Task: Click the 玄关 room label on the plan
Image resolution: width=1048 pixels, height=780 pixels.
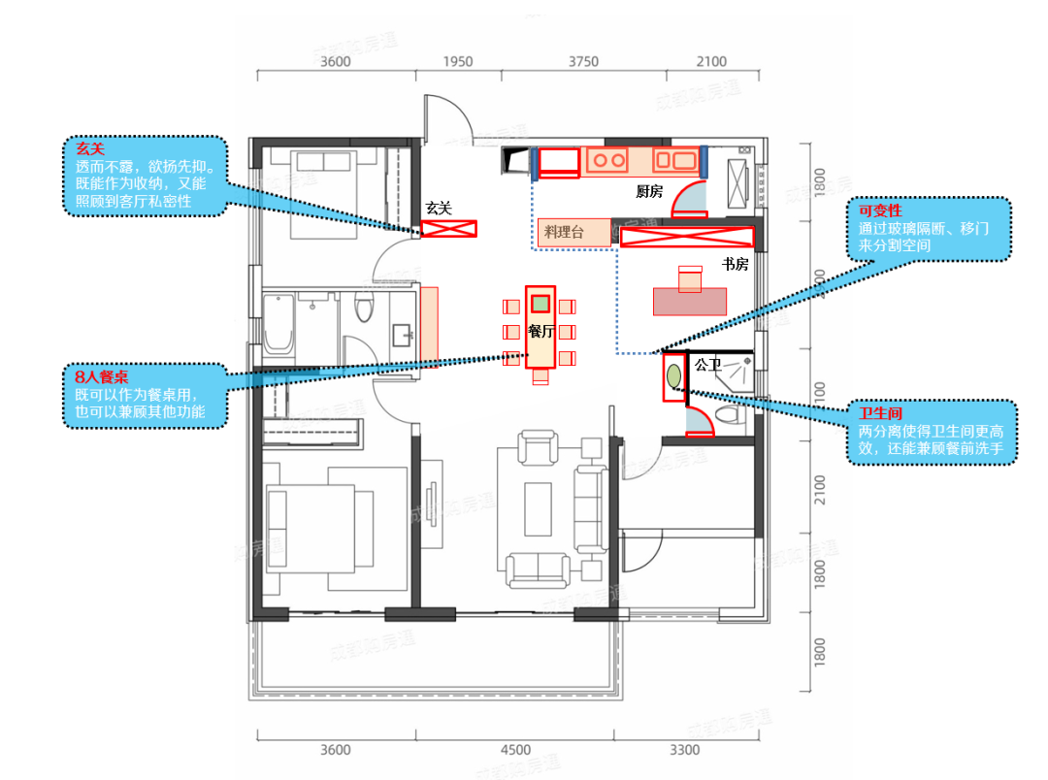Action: tap(439, 208)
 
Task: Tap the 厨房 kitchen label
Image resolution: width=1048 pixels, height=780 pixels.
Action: tap(649, 191)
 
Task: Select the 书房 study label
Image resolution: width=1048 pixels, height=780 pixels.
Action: tap(735, 263)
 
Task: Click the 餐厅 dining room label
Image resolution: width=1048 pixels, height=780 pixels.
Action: tap(540, 331)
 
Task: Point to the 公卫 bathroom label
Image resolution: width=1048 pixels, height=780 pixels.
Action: tap(707, 365)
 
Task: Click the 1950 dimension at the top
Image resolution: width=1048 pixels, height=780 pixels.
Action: tap(457, 62)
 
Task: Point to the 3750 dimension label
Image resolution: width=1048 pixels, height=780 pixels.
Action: tap(582, 62)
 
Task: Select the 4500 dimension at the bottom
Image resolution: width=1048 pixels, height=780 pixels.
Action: tap(515, 750)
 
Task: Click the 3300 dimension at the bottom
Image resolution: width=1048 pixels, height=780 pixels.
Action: tap(684, 750)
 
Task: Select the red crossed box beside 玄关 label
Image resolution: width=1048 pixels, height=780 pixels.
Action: tap(449, 229)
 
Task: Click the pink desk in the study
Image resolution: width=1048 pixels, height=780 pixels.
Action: tap(690, 301)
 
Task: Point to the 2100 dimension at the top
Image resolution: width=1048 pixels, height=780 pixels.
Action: tap(711, 62)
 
